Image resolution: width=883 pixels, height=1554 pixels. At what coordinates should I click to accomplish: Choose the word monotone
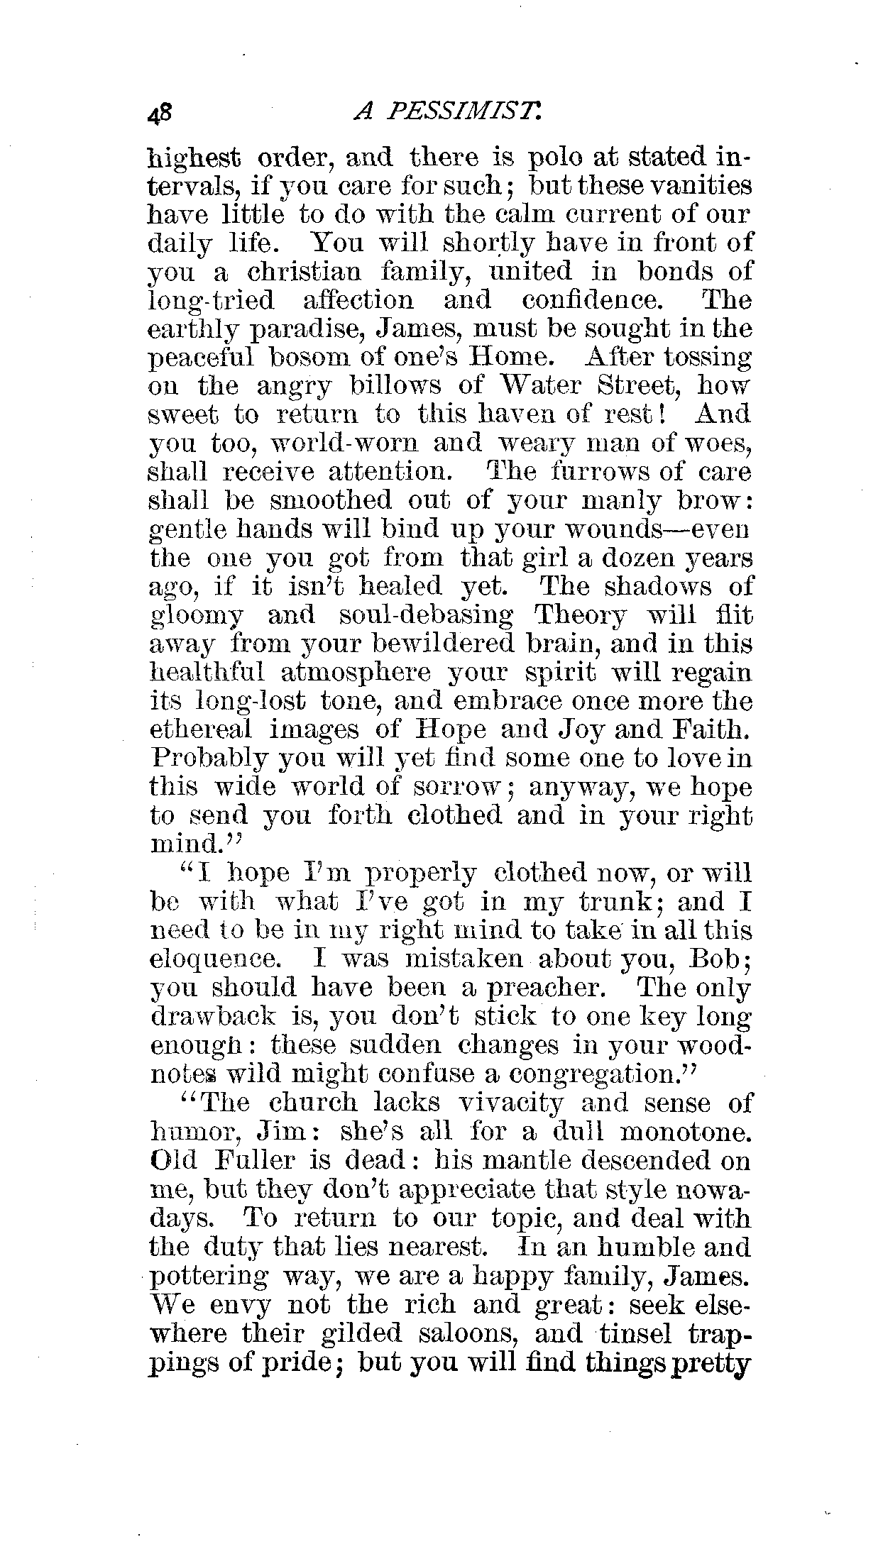click(681, 1132)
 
